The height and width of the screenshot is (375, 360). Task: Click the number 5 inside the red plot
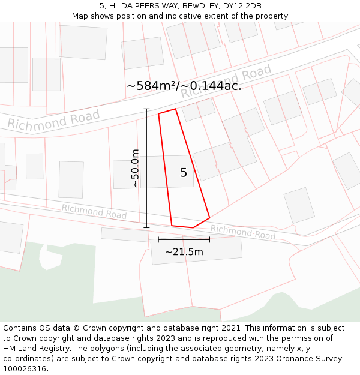[x=184, y=173]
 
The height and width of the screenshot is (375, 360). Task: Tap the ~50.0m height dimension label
[x=135, y=168]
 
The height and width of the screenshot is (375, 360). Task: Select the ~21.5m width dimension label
[x=184, y=252]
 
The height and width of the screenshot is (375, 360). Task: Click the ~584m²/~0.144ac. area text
[x=184, y=86]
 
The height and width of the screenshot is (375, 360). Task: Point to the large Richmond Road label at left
[x=53, y=119]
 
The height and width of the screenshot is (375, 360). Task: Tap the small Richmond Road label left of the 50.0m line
[x=94, y=211]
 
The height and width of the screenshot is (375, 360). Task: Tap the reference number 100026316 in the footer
[x=25, y=369]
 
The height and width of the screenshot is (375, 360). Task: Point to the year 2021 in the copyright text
[x=231, y=328]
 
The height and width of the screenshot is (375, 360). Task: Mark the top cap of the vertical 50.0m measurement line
[x=146, y=109]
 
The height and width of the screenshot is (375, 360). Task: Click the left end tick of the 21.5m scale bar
[x=158, y=239]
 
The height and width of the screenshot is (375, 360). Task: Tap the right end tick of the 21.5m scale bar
[x=209, y=239]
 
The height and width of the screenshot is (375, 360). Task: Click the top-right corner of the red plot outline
[x=175, y=109]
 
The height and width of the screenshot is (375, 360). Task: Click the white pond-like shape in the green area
[x=50, y=256]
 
